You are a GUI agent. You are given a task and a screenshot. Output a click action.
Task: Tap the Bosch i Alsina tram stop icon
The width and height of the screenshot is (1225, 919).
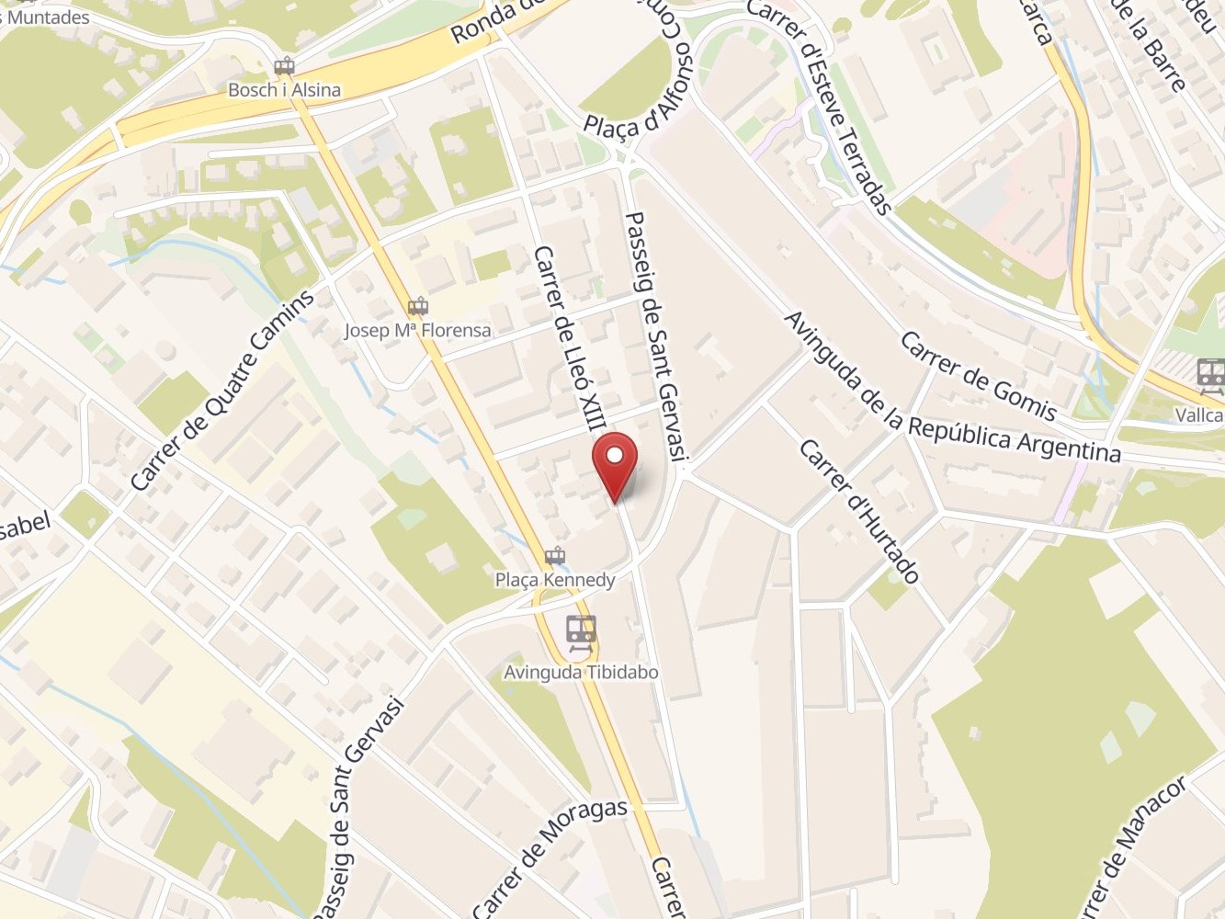284,67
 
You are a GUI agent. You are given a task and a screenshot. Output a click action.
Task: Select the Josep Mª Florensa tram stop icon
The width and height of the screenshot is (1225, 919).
419,306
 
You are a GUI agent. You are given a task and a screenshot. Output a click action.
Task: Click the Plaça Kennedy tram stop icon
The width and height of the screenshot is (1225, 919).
554,556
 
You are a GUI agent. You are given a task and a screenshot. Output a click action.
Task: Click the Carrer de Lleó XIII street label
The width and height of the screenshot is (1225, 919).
573,339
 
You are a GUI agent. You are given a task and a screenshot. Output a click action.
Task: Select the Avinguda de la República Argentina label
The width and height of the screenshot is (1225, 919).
951,388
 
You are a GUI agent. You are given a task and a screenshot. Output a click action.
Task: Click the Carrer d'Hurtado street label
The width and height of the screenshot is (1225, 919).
858,511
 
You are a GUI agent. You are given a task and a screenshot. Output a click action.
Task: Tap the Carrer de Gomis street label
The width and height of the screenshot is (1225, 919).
977,375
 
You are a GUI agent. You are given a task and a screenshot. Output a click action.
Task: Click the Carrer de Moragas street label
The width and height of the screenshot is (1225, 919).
550,857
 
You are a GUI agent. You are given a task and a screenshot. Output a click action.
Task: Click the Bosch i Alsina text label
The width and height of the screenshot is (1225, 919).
284,90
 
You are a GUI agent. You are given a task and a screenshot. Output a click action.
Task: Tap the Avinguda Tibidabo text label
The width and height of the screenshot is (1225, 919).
581,673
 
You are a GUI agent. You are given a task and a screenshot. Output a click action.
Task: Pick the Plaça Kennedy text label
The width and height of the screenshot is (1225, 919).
554,580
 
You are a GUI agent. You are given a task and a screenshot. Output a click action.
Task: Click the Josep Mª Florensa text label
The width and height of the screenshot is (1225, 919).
417,330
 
